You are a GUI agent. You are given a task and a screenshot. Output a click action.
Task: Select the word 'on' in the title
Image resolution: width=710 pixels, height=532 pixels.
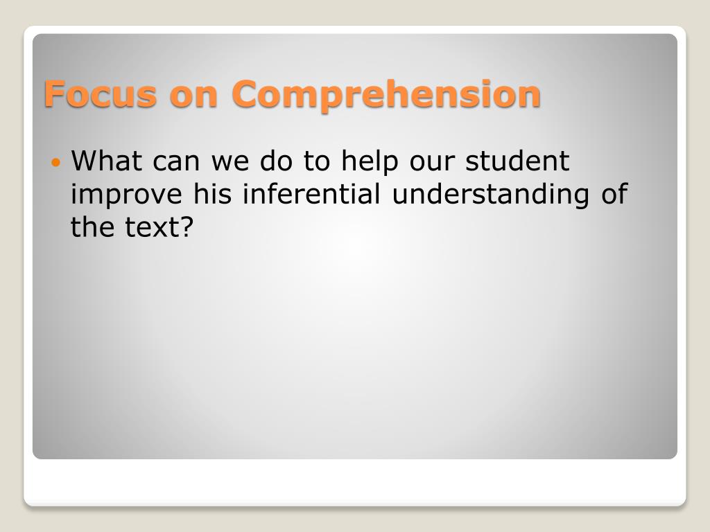193,95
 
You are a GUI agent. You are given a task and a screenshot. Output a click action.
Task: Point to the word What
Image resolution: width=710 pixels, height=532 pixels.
107,162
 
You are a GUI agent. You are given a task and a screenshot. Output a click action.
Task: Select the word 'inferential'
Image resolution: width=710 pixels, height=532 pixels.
311,194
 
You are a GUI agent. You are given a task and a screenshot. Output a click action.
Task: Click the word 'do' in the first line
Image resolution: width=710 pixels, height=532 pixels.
277,162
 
